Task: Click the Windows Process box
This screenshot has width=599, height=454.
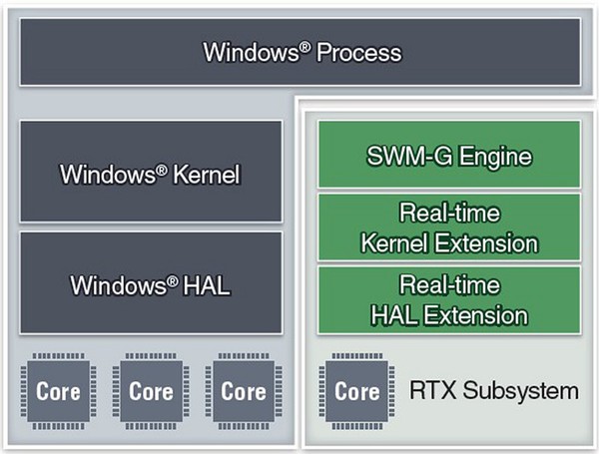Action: coord(300,51)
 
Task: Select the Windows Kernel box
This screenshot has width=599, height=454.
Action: coord(151,174)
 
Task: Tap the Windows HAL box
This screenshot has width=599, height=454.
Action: coord(151,283)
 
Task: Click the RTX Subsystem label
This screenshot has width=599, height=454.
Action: coord(494,390)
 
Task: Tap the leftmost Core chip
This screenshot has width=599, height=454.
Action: coord(59,390)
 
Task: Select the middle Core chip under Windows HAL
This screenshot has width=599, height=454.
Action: coord(151,390)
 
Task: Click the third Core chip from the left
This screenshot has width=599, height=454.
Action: coord(243,390)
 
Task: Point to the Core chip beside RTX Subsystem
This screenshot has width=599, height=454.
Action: coord(356,390)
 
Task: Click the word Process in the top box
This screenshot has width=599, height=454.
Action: coord(359,52)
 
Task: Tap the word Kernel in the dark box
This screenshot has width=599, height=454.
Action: coord(206,175)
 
